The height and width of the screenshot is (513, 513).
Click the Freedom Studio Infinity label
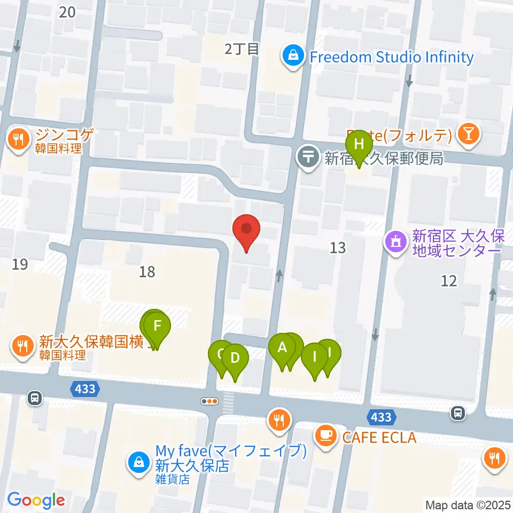(x=392, y=57)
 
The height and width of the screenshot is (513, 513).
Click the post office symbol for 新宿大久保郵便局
(x=308, y=158)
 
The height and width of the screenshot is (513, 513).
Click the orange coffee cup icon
(x=325, y=436)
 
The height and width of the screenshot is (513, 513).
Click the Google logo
(x=36, y=500)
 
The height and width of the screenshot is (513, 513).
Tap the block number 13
(x=338, y=247)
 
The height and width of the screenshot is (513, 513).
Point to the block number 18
(x=147, y=271)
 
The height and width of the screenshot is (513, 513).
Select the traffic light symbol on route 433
(x=209, y=401)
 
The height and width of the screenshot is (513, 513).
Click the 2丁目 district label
(x=242, y=49)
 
